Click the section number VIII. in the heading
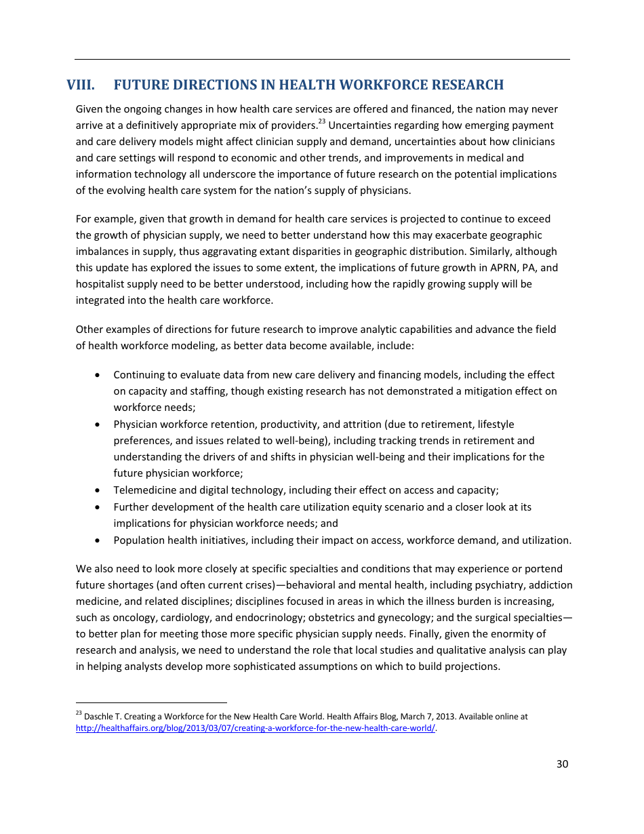(x=80, y=85)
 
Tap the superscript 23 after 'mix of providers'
(x=322, y=122)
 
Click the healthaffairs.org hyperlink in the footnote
(x=255, y=728)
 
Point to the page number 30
(x=562, y=764)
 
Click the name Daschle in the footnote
(x=98, y=717)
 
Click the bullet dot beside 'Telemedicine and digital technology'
(x=100, y=490)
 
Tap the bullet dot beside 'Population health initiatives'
(x=100, y=540)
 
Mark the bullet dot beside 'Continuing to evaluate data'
(x=100, y=375)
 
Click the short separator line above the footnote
(x=150, y=703)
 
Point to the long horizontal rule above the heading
(x=322, y=60)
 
